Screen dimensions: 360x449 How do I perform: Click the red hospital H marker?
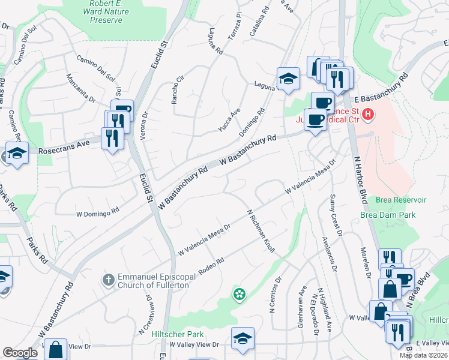tap(369, 113)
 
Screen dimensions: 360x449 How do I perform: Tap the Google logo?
tap(20, 353)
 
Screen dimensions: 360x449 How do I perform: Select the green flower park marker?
tap(240, 293)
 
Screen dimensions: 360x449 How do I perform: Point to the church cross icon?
tap(108, 279)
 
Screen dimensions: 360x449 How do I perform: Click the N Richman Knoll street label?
tap(261, 231)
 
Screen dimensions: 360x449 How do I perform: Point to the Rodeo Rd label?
tap(211, 262)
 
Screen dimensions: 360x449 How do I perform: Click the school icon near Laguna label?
tap(288, 79)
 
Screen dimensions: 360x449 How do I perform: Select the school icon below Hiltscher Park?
tap(243, 339)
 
